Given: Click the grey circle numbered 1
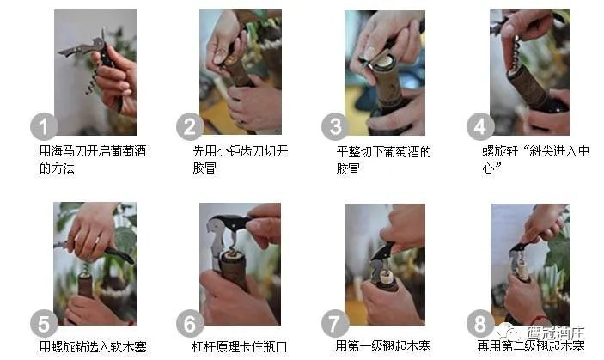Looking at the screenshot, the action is point(44,126).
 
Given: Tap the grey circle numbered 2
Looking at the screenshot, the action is point(190,126).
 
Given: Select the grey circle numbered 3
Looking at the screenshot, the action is point(335,126).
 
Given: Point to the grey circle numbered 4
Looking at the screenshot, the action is point(480,126).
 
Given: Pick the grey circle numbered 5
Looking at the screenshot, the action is point(44,323).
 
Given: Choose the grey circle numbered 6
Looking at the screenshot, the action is point(190,323).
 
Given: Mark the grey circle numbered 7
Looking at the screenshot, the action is point(335,323).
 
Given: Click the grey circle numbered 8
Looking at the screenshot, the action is point(480,323).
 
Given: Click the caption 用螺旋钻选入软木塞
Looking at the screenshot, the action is point(93,347).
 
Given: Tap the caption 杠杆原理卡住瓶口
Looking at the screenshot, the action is point(240,347).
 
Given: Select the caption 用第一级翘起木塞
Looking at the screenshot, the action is point(383,346).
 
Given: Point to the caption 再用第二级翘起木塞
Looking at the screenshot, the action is point(531,345).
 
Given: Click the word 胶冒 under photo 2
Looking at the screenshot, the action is point(204,168).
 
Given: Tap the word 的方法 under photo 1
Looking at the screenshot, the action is point(57,168).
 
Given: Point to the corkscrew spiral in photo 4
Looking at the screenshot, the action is point(517,53).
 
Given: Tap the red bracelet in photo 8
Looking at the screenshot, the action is point(539,319).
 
